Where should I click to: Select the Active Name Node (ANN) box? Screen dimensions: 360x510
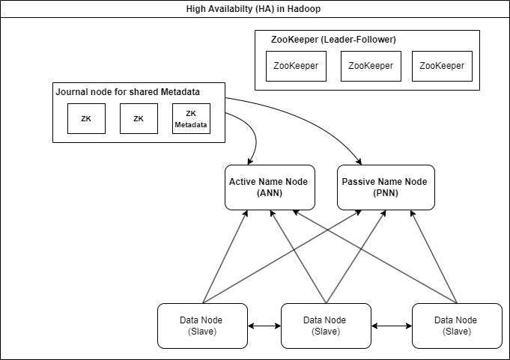267,187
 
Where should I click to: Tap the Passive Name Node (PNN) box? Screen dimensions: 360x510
385,187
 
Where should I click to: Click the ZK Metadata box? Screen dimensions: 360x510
191,119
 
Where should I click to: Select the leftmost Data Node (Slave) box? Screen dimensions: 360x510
201,326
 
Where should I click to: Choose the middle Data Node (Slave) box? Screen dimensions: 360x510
325,326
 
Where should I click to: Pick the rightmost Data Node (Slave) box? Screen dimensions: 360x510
456,326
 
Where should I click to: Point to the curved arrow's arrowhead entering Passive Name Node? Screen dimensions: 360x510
360,160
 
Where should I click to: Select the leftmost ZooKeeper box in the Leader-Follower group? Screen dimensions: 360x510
296,66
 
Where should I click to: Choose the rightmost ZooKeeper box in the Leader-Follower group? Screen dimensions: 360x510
442,66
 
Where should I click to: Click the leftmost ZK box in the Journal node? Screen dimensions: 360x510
86,119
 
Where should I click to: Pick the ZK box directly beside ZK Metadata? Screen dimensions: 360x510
139,119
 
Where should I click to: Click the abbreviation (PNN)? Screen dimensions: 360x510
385,193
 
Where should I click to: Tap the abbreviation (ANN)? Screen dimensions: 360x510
267,193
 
